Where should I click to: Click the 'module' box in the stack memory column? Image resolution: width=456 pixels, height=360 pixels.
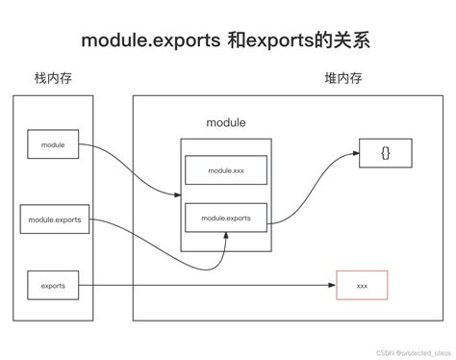pyautogui.click(x=53, y=144)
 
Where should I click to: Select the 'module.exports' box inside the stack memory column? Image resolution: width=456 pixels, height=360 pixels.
pyautogui.click(x=54, y=219)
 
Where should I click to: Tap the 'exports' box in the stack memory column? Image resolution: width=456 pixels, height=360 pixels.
pyautogui.click(x=53, y=285)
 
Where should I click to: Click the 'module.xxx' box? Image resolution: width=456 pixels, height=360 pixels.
pyautogui.click(x=227, y=170)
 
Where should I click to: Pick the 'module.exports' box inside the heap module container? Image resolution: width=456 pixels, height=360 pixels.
pyautogui.click(x=227, y=219)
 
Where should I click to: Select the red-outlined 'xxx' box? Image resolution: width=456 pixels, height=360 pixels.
pyautogui.click(x=362, y=286)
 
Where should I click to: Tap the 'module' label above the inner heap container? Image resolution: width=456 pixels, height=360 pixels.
pyautogui.click(x=226, y=123)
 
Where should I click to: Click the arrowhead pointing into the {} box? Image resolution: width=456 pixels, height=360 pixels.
pyautogui.click(x=354, y=153)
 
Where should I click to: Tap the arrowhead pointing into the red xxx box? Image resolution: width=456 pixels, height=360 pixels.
pyautogui.click(x=333, y=286)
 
